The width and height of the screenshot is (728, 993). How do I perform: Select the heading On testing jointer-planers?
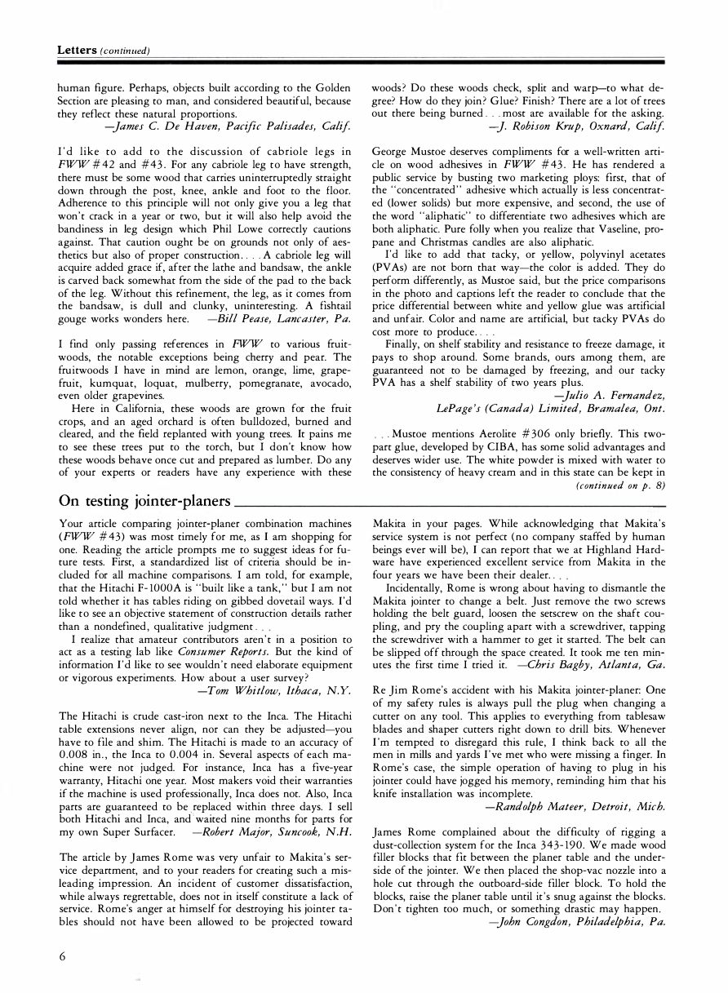point(144,498)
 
